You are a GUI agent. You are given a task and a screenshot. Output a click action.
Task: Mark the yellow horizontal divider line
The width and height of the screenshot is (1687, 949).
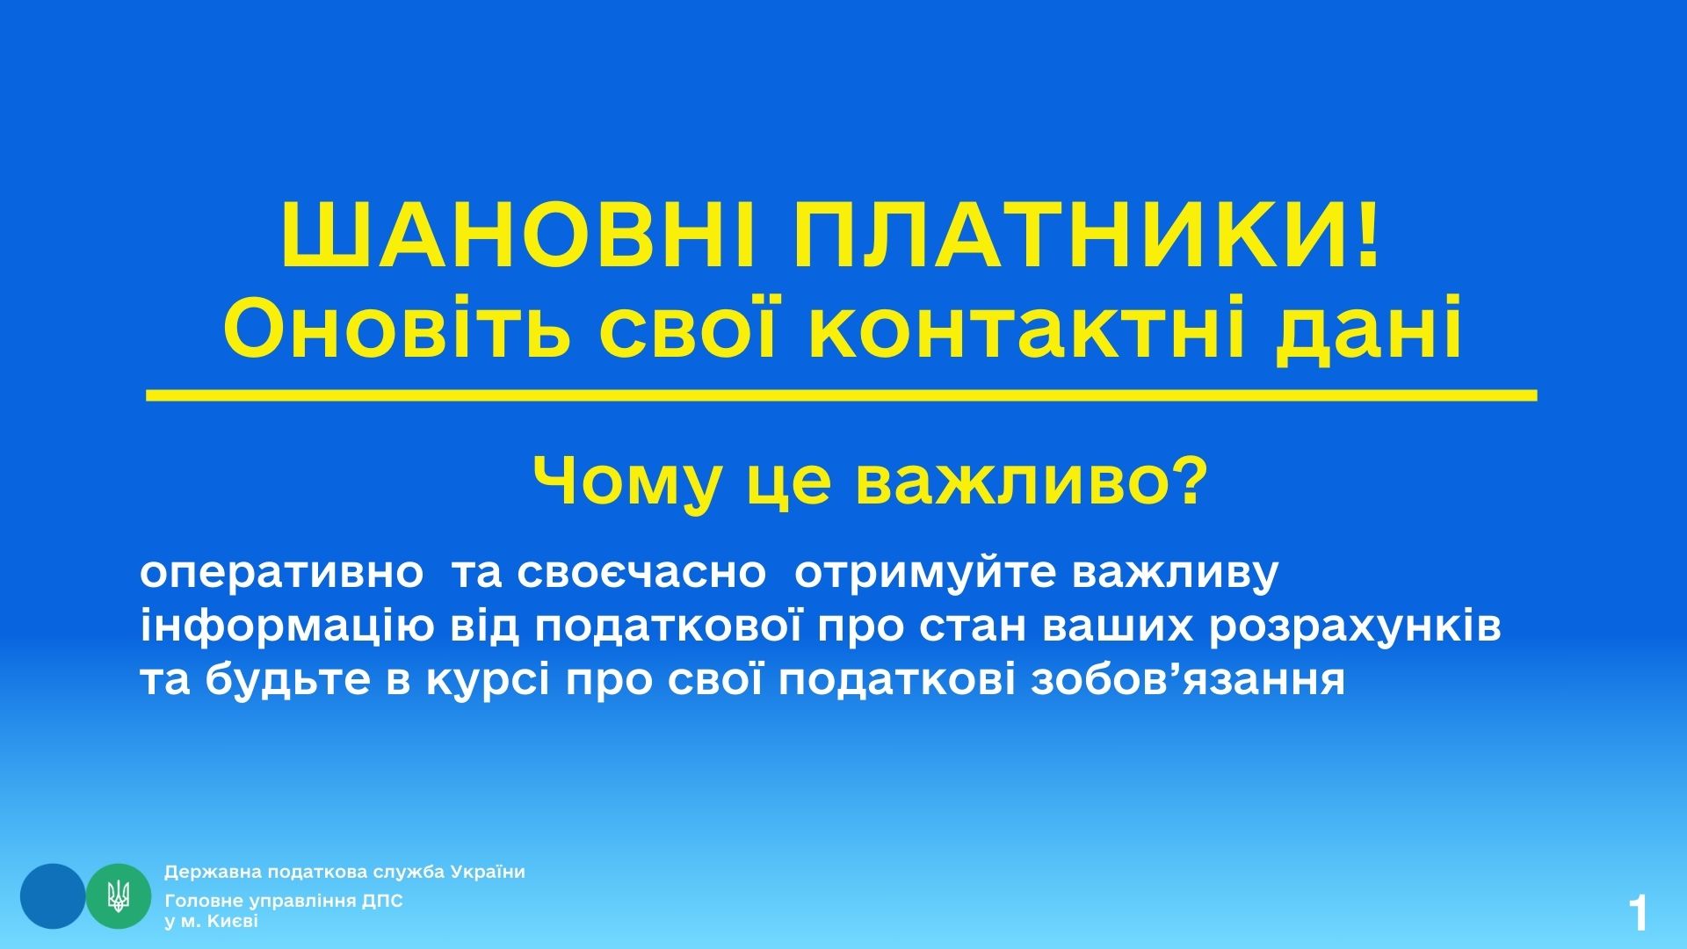coord(842,395)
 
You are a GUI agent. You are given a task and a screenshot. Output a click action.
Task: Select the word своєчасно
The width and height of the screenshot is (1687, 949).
coord(641,574)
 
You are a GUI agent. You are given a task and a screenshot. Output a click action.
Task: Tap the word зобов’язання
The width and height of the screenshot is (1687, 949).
coord(1188,681)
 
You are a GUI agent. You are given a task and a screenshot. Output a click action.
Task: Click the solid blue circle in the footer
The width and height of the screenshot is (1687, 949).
coord(53,896)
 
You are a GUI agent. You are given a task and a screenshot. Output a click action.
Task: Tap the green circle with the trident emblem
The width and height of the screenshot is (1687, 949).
coord(119,896)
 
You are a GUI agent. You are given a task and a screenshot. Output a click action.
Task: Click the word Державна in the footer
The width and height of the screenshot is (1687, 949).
coord(209,873)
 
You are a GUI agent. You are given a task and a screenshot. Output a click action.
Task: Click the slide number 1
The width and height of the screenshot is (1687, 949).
coord(1638,914)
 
